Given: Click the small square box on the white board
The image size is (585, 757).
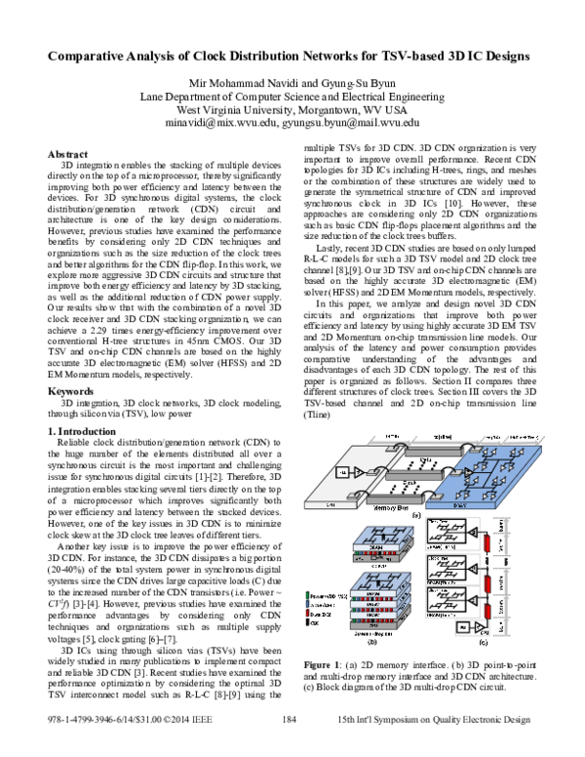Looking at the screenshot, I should click(342, 472).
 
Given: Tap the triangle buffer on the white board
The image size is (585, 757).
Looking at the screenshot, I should click(358, 472).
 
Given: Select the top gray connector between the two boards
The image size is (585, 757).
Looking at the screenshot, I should click(433, 452).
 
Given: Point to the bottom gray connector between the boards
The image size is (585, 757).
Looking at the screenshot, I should click(396, 498).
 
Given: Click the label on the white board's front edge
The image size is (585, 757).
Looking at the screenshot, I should click(331, 504).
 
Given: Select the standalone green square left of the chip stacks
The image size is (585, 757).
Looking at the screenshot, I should click(307, 594).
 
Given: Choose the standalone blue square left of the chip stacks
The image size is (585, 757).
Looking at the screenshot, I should click(307, 604).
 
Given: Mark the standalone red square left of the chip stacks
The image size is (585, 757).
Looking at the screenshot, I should click(307, 613).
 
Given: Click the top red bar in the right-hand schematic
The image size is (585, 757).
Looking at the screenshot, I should click(487, 543).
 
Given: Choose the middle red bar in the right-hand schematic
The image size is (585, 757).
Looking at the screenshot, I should click(487, 582).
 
